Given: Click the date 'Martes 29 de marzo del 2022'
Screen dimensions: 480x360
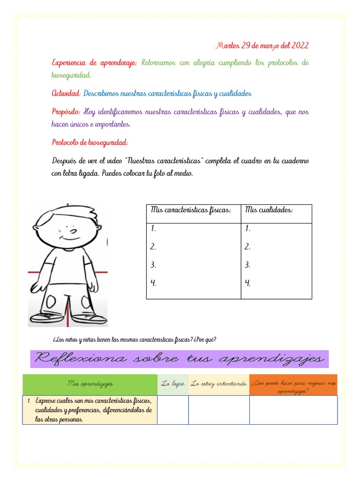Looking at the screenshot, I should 262,45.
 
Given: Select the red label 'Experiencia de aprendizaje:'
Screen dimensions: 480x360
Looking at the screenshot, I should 94,63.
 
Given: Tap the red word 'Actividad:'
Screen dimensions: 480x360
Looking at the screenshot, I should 66,94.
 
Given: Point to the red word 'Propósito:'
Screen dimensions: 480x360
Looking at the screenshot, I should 66,112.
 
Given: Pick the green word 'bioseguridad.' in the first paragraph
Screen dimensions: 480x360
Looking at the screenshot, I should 71,75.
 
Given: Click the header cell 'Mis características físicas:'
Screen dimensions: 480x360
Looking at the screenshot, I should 191,210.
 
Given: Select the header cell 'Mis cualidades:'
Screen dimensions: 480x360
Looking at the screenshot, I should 269,210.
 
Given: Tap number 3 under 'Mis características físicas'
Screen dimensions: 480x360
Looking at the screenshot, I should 153,265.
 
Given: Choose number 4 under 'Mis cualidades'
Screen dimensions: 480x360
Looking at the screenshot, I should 247,283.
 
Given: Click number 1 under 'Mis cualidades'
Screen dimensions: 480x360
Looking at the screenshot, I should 247,229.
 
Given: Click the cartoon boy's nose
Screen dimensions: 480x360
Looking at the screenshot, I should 73,231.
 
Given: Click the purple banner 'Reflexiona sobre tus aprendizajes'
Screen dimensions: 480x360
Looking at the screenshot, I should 180,359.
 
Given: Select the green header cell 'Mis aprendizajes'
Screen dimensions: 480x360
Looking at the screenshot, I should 90,384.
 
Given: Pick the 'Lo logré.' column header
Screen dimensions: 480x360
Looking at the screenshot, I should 173,384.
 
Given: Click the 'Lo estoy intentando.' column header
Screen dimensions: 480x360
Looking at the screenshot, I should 219,384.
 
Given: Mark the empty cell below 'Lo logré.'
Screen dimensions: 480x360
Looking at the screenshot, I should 173,410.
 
